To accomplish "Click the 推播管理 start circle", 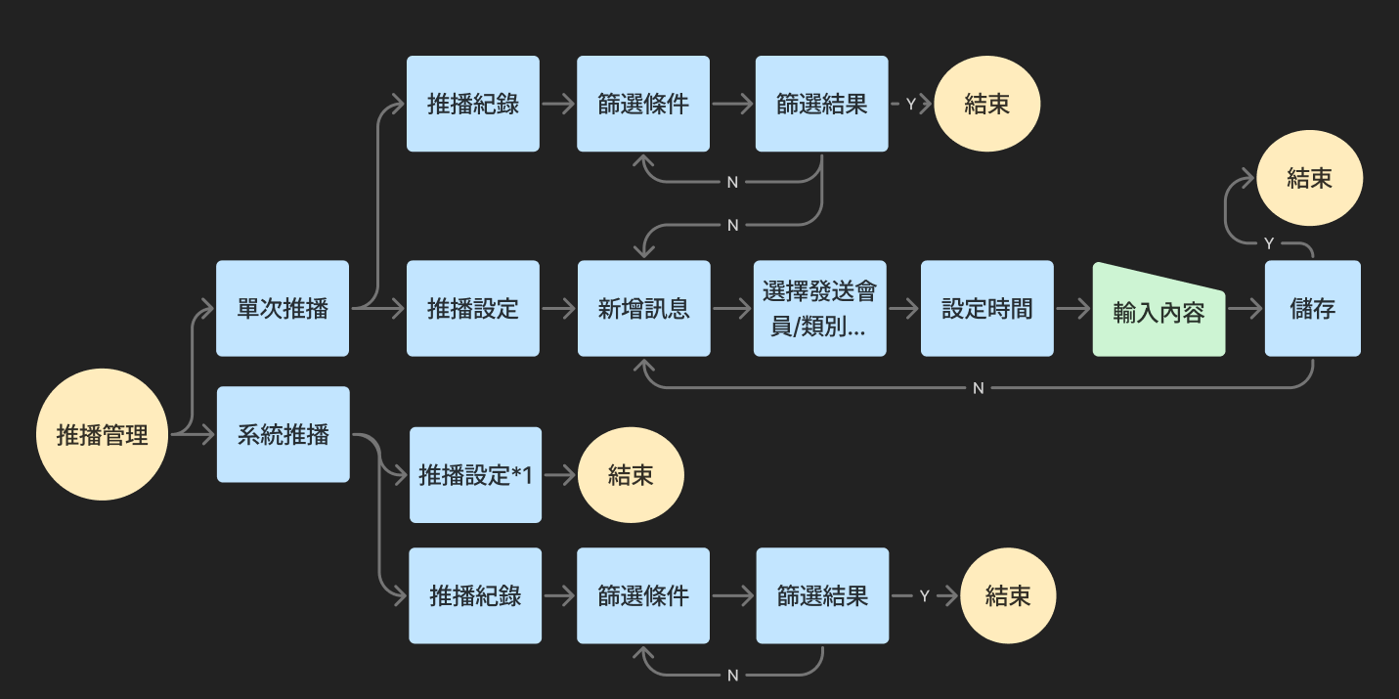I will [102, 435].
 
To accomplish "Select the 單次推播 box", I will [283, 309].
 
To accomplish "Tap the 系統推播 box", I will [283, 435].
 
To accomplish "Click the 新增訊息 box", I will [643, 309].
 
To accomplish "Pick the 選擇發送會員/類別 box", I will [821, 309].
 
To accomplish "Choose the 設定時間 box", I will [986, 309].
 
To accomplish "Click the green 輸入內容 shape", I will [1159, 311].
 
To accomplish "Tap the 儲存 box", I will [1312, 309].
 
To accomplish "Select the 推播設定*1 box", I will [475, 475].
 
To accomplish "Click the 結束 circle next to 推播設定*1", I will [631, 475].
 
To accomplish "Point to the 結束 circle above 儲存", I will [1309, 178].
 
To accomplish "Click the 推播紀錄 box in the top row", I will [473, 104].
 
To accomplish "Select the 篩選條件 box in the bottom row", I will [643, 595].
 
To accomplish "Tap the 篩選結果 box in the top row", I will [821, 104].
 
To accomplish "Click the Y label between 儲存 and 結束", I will [1268, 242].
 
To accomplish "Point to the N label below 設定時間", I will [978, 388].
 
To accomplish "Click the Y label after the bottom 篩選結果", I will [924, 595].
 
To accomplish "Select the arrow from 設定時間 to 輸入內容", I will [1072, 309].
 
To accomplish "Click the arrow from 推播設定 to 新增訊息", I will [558, 309].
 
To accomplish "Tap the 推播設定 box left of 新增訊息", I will [473, 309].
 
